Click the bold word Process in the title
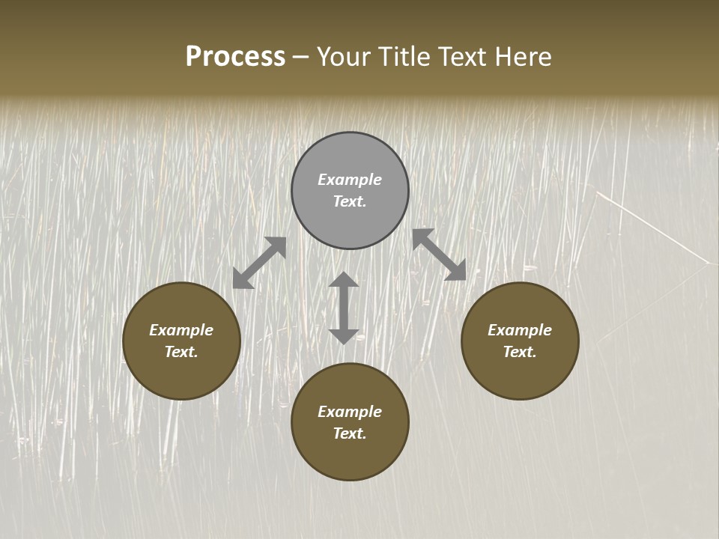[x=235, y=57]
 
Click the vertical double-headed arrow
[x=344, y=308]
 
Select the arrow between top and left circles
[x=259, y=263]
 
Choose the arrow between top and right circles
[x=440, y=255]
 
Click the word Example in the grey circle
[x=350, y=180]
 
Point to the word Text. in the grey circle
[x=350, y=201]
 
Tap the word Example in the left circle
[x=181, y=330]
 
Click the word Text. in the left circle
[x=181, y=352]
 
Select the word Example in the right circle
[x=520, y=330]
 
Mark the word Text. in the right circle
[x=520, y=352]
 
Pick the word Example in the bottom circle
[x=350, y=412]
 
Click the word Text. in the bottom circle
[x=350, y=433]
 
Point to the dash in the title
[x=300, y=58]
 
